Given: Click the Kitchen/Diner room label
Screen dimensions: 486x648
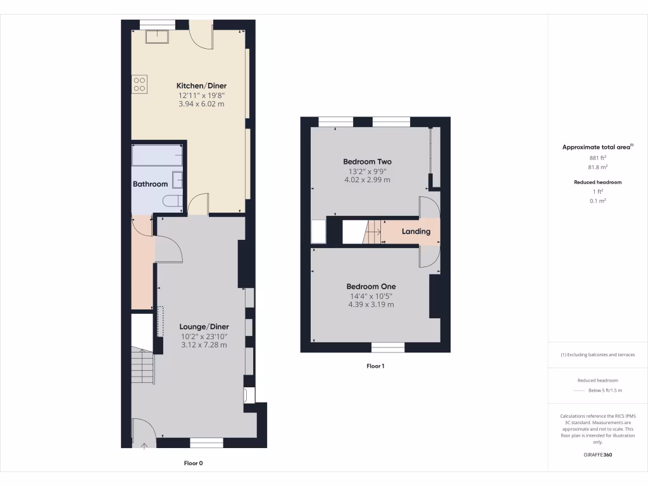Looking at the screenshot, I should (201, 85).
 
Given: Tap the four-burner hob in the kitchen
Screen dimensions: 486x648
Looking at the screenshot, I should (140, 84).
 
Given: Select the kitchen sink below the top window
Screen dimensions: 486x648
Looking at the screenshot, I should (157, 36).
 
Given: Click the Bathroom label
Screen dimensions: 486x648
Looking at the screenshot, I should (150, 184).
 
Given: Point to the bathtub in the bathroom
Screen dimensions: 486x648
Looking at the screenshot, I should (158, 156).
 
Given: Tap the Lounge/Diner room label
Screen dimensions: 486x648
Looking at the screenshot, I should (204, 327).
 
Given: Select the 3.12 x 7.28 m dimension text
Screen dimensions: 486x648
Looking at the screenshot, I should (204, 346).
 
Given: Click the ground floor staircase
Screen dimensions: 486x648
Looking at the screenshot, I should (143, 367).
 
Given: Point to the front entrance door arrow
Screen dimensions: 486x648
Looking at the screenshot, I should (144, 446).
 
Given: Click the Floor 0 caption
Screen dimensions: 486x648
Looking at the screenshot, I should (193, 463).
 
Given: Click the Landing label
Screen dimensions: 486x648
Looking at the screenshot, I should (416, 232).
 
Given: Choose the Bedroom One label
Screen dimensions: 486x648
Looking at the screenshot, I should (371, 287).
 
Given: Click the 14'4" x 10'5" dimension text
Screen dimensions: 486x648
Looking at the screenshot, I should (371, 296).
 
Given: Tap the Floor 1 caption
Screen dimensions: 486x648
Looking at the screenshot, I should (375, 366).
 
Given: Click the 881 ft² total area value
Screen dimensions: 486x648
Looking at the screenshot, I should (597, 158).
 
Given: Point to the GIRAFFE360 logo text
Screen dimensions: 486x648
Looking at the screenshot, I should (597, 454).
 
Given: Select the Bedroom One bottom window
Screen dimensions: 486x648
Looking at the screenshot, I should (387, 347).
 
